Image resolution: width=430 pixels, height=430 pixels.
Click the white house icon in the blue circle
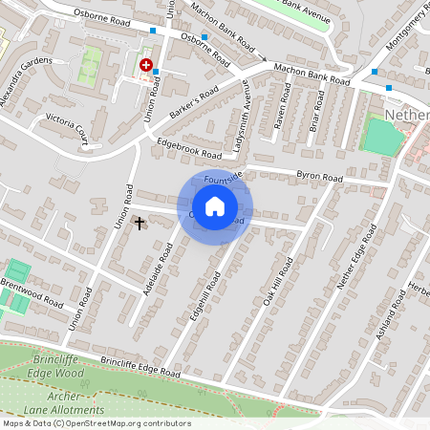(215, 205)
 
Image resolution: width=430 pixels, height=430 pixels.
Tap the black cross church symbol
(140, 224)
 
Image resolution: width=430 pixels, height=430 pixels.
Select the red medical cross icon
(146, 65)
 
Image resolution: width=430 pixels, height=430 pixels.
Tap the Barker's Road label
(195, 98)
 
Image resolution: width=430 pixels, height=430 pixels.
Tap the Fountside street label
(225, 177)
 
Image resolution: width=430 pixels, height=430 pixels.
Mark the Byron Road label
(318, 178)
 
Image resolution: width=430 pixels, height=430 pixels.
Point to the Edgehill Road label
(206, 293)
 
